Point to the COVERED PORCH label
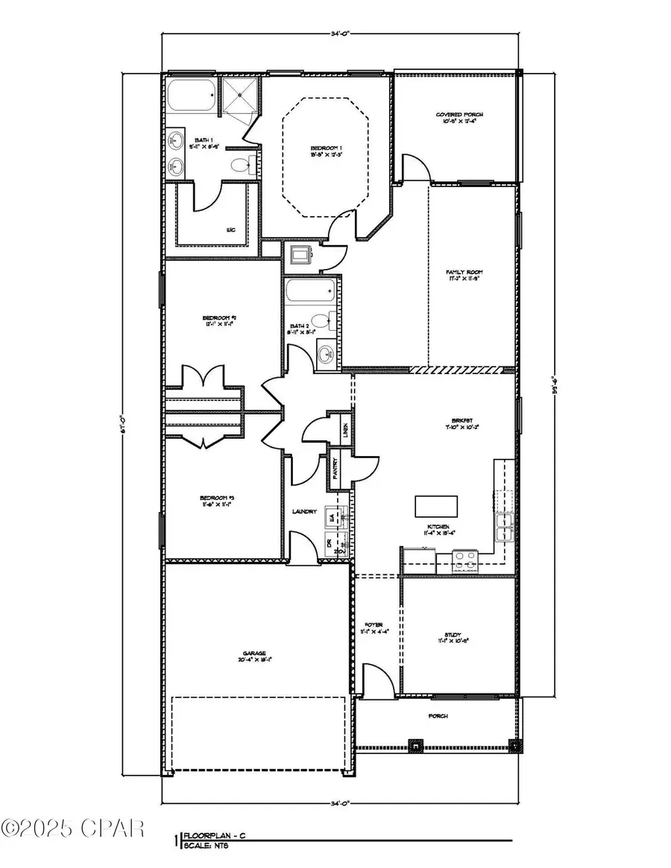coord(459,115)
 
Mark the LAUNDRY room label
coord(306,511)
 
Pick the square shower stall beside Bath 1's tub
coord(241,95)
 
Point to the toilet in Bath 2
coord(321,323)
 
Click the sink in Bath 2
coord(325,354)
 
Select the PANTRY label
coord(335,468)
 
